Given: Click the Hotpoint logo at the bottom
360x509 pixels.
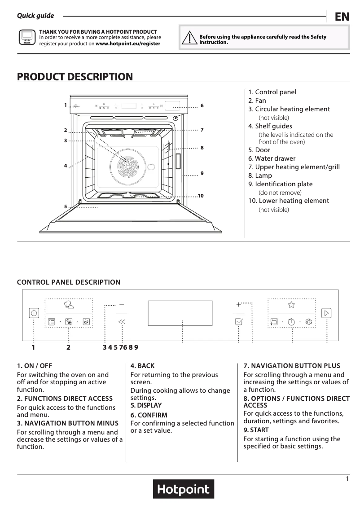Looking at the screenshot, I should point(183,489).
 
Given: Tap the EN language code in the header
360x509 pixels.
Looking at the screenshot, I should point(342,17).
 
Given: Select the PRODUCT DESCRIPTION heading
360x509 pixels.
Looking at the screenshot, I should point(75,77).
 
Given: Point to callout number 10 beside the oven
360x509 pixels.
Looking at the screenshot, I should point(200,196).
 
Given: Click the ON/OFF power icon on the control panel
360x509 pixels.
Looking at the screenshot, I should point(34,313).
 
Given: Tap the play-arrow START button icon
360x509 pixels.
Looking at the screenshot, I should point(326,313).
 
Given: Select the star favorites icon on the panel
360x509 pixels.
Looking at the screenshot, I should point(291,304).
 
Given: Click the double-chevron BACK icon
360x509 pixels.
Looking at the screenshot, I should point(122,321).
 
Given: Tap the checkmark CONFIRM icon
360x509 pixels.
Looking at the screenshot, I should point(238,321).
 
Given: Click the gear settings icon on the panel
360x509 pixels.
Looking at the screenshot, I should point(308,321).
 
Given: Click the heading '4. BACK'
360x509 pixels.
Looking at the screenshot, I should point(142,366).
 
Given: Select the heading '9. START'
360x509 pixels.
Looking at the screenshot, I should point(256,430).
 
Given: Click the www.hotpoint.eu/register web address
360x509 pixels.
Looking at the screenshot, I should point(128,44).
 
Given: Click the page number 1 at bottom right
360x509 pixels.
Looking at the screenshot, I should point(347,479).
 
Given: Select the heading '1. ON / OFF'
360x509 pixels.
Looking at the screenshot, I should point(35,366).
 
